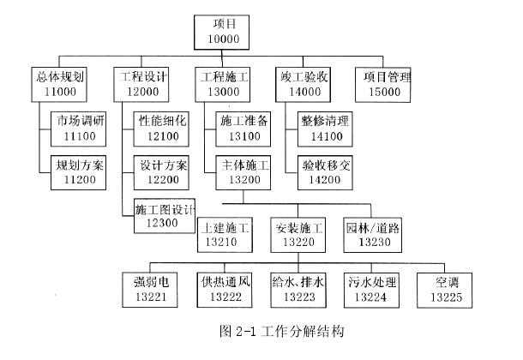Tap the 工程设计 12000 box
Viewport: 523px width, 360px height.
(x=141, y=83)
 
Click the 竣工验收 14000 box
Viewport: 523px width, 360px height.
(x=304, y=83)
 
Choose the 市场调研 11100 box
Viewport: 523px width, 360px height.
(x=78, y=128)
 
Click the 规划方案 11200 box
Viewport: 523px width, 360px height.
(x=78, y=171)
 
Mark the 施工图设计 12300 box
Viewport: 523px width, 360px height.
(x=165, y=216)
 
